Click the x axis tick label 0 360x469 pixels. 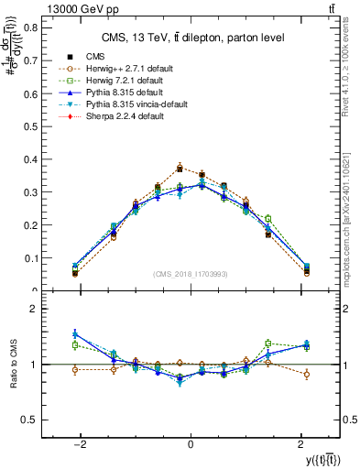tap(190, 444)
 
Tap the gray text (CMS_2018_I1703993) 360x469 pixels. tap(190, 274)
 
